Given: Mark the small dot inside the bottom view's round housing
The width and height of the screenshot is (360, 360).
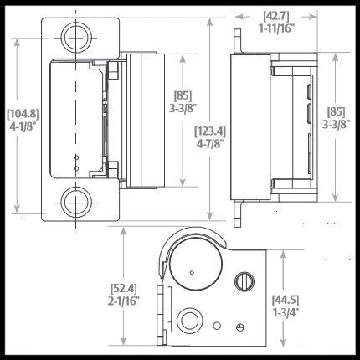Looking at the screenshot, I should [x=193, y=272].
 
